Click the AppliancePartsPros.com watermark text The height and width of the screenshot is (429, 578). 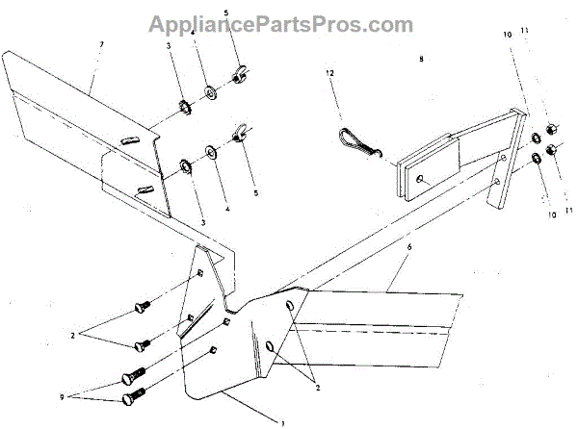(x=288, y=24)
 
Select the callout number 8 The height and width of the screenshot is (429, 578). (x=421, y=59)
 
